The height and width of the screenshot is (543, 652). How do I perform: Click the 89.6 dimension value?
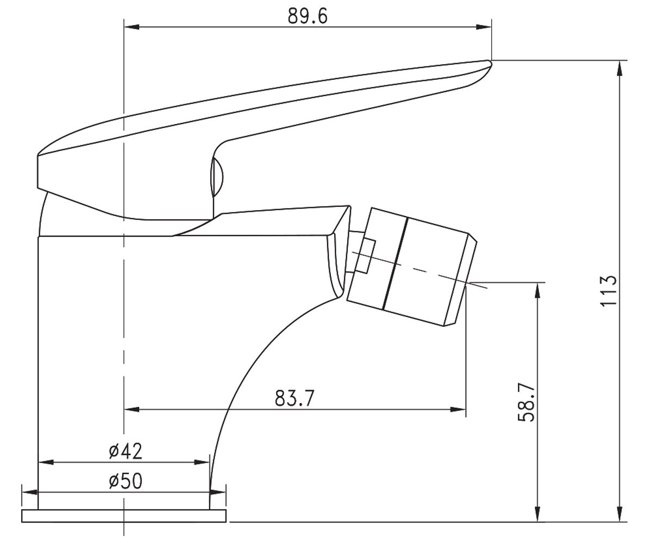click(308, 16)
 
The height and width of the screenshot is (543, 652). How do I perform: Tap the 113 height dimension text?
click(609, 291)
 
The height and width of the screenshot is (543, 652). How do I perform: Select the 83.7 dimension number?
click(293, 398)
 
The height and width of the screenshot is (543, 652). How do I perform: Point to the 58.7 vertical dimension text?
click(526, 402)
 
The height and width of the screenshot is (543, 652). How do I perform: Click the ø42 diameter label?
click(126, 451)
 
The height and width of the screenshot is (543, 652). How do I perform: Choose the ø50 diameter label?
click(126, 481)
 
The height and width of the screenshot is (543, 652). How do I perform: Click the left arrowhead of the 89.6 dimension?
click(131, 27)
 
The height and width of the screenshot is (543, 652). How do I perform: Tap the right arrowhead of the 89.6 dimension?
click(484, 27)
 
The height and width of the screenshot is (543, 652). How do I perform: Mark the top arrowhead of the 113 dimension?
click(620, 67)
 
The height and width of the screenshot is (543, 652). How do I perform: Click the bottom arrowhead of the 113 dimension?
click(620, 514)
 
